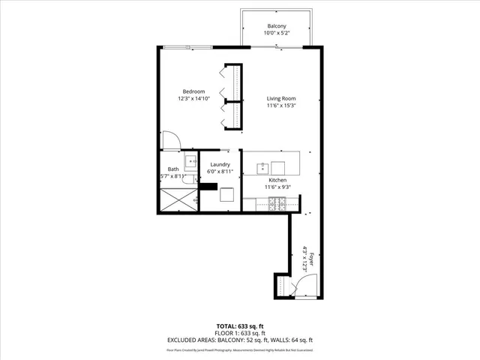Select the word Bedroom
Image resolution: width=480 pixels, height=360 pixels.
(193, 91)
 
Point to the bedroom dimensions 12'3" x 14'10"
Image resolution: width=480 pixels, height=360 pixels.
(193, 98)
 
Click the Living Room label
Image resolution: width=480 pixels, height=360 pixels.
(281, 98)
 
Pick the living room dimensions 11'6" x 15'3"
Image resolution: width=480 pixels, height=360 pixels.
(281, 106)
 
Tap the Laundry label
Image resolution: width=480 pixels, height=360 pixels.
(220, 164)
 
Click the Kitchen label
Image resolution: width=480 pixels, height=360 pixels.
(279, 180)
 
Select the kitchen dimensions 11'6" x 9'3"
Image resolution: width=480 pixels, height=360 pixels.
(279, 187)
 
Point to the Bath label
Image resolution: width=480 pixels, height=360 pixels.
(173, 169)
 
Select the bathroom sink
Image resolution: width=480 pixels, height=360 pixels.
(190, 160)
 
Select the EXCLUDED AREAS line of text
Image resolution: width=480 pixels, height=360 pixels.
(239, 340)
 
